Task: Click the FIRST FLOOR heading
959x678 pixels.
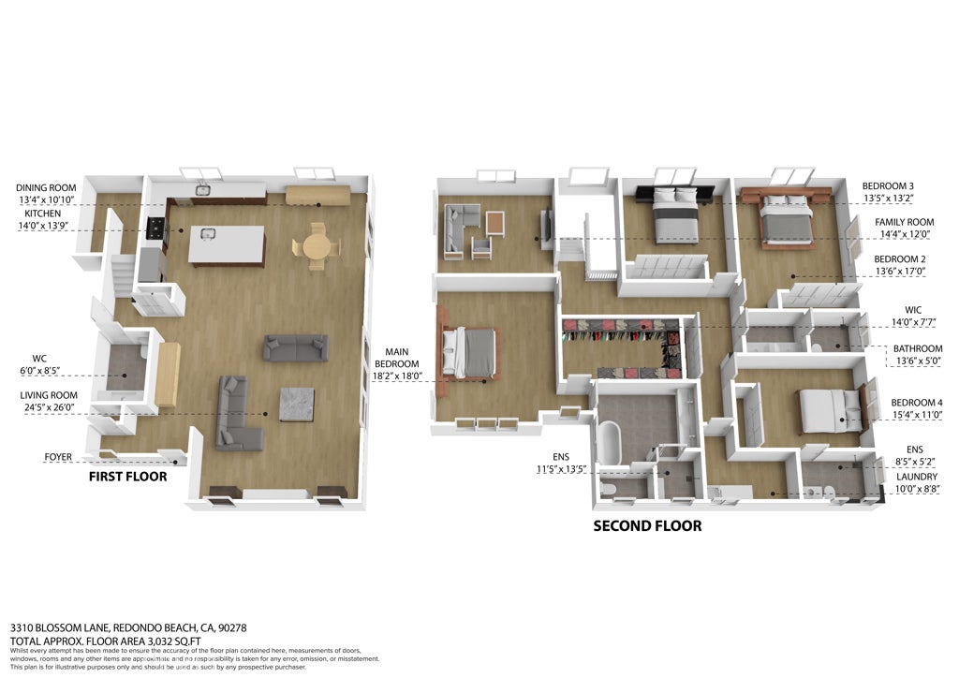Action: coord(127,477)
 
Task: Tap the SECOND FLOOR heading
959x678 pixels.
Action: coord(647,526)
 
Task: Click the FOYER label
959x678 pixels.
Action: coord(58,458)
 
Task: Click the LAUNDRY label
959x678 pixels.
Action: coord(916,477)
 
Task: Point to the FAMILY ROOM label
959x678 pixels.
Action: coord(904,222)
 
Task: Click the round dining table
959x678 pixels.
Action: coord(317,246)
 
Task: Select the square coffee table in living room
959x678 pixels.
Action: coord(296,404)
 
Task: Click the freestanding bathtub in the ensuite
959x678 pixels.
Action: coord(611,444)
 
